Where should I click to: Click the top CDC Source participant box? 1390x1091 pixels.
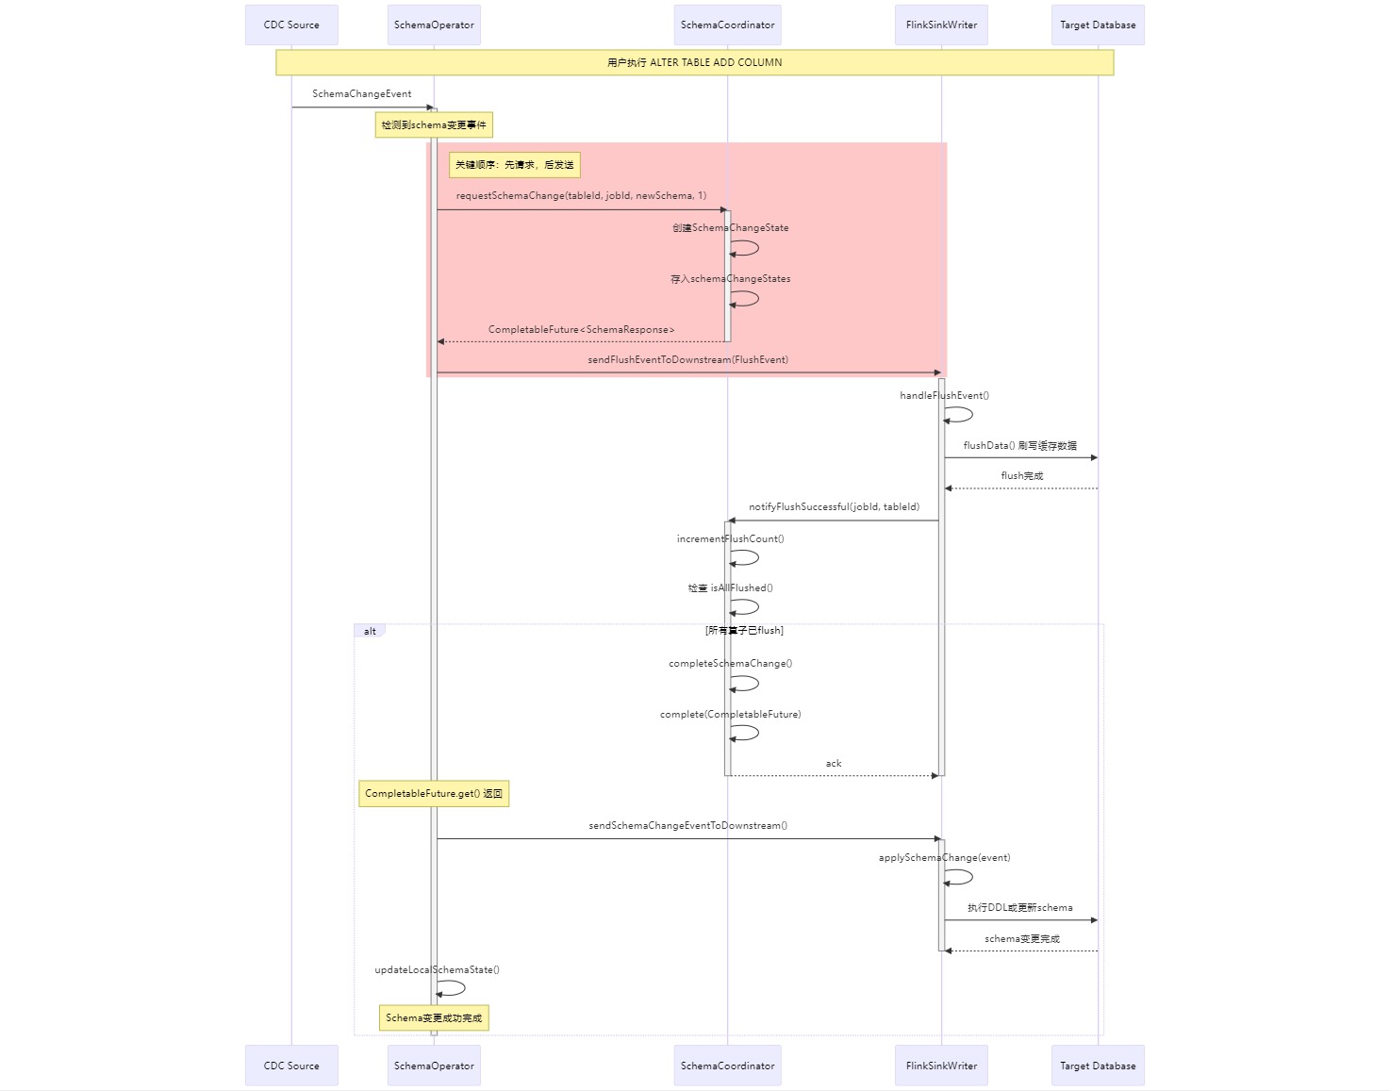(x=291, y=25)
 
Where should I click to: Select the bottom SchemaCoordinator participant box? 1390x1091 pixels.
(x=727, y=1066)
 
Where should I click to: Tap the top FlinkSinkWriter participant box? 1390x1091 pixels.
(x=941, y=25)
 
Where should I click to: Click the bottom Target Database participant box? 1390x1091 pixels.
(x=1098, y=1066)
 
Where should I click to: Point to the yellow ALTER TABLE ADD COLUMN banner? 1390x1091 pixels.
(x=694, y=62)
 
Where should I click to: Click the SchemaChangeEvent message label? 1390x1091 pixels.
(x=361, y=94)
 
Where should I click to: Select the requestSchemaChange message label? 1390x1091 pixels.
(x=581, y=196)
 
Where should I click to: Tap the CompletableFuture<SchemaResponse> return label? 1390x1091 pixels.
(x=581, y=330)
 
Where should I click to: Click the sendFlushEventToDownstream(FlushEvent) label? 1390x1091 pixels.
(x=687, y=360)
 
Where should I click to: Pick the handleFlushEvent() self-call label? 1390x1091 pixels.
(x=944, y=396)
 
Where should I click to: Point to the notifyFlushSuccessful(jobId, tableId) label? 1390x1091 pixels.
(x=834, y=507)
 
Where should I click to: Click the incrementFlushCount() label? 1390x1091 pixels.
(x=730, y=539)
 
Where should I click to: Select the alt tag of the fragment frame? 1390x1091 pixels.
(x=370, y=631)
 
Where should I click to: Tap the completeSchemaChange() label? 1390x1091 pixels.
(x=730, y=664)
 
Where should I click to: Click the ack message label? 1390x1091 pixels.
(x=834, y=764)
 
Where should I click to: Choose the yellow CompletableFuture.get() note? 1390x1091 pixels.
(x=434, y=794)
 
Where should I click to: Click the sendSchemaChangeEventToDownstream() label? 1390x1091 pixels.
(x=687, y=826)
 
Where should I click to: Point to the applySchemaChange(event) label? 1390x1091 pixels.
(x=944, y=858)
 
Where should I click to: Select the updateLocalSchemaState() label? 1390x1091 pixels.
(x=437, y=970)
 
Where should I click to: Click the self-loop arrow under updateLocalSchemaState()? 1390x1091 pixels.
(x=453, y=988)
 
